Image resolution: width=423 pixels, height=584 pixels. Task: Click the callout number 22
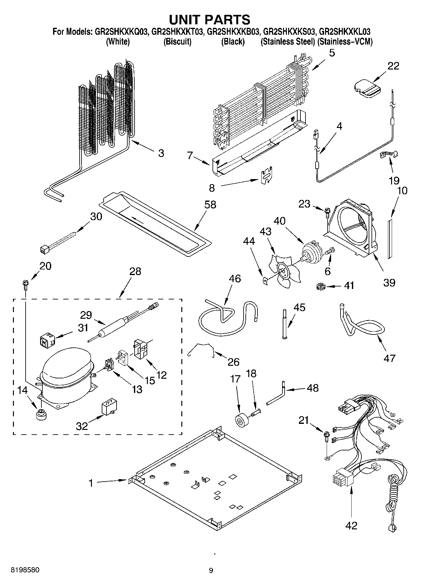(x=393, y=66)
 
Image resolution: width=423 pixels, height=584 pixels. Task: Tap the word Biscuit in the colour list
(x=177, y=42)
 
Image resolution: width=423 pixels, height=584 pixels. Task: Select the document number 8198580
(x=25, y=570)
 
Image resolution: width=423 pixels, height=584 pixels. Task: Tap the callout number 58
(x=210, y=205)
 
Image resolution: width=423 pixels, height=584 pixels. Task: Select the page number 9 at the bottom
(x=211, y=570)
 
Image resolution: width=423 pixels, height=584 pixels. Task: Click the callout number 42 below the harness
(x=351, y=525)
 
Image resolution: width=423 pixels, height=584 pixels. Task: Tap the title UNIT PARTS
(x=210, y=20)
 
